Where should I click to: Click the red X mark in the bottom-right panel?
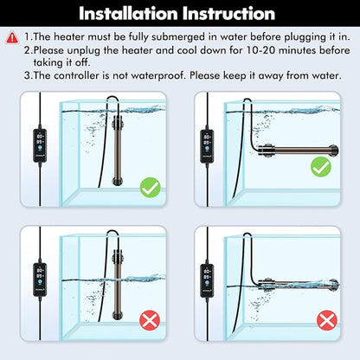325,322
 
